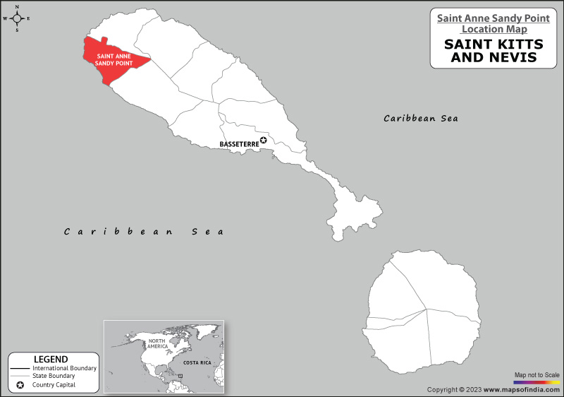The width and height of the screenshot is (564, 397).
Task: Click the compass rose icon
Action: pos(17,18)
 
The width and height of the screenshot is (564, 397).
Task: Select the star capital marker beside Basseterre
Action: pos(264,141)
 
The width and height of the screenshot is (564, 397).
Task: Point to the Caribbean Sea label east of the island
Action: pos(421,118)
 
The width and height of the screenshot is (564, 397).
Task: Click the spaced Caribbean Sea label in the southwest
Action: pos(143,231)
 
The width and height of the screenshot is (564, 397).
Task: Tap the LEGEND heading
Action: pos(51,359)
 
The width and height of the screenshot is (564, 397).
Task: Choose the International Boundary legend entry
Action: pos(64,369)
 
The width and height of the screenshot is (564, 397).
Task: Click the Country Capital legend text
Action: pos(54,385)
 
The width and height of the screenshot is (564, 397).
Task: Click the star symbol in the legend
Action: pos(20,385)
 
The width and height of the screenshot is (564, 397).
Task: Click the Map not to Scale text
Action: pos(537,374)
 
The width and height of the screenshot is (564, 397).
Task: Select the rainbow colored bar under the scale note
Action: pos(537,382)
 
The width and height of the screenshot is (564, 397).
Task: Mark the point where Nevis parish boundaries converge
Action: pos(425,309)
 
